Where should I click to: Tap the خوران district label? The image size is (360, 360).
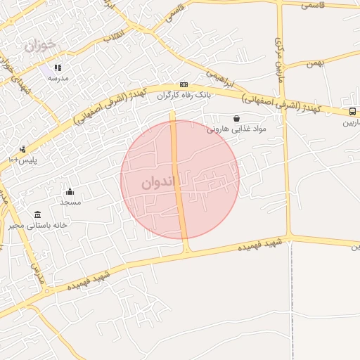[39, 46]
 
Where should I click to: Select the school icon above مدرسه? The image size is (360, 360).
[58, 68]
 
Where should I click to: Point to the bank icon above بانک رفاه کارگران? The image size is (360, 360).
[184, 84]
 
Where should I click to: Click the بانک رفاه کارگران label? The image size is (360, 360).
[183, 94]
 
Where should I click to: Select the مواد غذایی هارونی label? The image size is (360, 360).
[236, 129]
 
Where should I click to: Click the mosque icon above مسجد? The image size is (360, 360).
[70, 192]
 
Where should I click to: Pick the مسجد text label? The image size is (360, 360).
[70, 202]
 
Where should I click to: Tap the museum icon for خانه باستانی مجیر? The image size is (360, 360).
[37, 215]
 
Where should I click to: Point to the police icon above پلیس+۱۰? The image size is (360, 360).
[22, 149]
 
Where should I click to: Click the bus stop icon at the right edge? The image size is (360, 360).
[352, 111]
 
